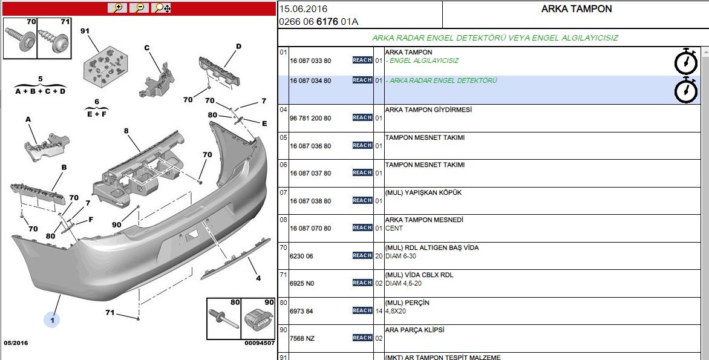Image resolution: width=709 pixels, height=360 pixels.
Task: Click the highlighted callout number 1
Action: (x=52, y=320)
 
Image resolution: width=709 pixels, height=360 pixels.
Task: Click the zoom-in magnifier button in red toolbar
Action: (x=117, y=8)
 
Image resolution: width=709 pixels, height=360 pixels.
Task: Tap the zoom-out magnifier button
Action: (x=139, y=8)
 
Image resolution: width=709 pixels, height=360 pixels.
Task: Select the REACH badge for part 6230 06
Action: (x=362, y=255)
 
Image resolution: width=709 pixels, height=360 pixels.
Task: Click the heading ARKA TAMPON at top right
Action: (x=577, y=9)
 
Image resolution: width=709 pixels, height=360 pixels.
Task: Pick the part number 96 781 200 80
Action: (x=310, y=119)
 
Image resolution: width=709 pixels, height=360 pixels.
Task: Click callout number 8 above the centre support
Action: (x=126, y=131)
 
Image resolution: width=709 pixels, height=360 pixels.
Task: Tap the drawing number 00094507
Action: (x=260, y=343)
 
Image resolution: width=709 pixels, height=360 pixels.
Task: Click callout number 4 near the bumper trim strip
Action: (x=258, y=278)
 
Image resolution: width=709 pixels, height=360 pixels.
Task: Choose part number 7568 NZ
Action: (x=302, y=339)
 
